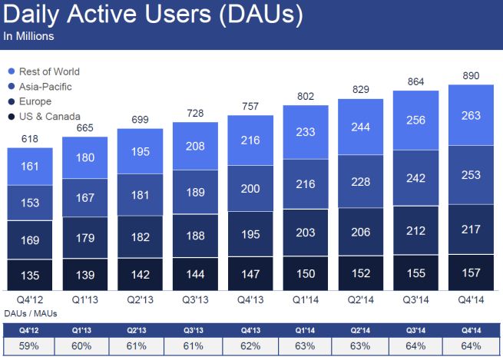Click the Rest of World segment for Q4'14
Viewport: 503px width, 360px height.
click(472, 116)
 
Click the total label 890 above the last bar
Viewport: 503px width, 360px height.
click(472, 74)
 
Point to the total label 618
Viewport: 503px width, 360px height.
click(30, 139)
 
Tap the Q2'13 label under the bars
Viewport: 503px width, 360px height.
click(140, 300)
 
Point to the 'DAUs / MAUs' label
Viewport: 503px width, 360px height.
click(28, 314)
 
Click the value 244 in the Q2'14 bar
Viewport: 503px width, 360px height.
click(361, 126)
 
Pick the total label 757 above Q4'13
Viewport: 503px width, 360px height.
click(250, 106)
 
